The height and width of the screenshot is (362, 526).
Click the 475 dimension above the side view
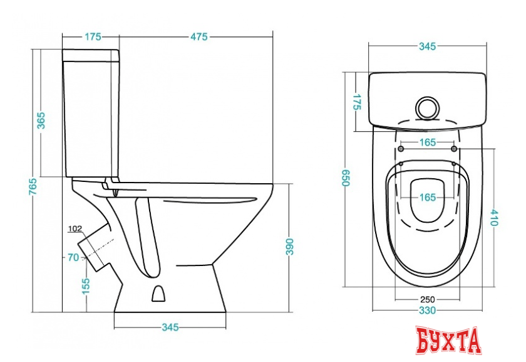coord(199,36)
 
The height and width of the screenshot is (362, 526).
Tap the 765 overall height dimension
coord(33,186)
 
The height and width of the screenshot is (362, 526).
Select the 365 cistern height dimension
coord(41,120)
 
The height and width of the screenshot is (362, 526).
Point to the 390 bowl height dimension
coord(289,247)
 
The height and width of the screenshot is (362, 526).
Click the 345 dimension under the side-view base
coord(170,327)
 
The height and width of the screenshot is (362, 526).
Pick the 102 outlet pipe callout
coord(75,229)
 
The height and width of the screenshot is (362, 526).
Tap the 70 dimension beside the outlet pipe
coord(73,257)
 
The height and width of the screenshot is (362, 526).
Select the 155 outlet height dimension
coord(86,286)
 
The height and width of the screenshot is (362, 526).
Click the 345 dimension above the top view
coord(427,46)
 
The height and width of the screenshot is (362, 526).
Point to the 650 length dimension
coord(346,178)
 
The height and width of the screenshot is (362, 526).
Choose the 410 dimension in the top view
coord(495,217)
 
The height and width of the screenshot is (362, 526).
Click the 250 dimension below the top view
coord(427,299)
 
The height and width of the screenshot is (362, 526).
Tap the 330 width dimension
coord(427,310)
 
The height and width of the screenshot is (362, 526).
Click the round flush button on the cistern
coord(427,108)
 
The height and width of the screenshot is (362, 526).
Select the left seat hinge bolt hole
coord(401,149)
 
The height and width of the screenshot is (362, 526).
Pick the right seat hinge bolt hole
coord(454,149)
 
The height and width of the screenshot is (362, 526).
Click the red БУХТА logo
coord(448,340)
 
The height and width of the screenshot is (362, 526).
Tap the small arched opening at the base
coord(158,294)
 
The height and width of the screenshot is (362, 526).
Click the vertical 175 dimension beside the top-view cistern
coord(357,102)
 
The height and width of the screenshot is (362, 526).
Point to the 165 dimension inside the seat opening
coord(427,197)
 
